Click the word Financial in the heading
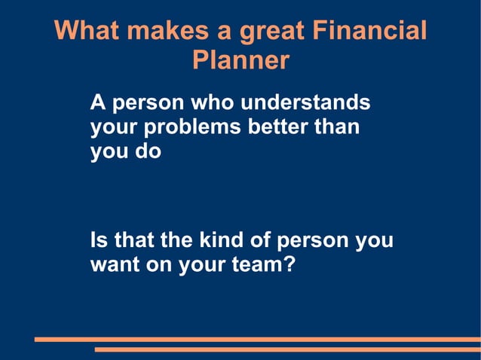pos(369,32)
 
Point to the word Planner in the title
pos(240,60)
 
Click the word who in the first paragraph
pos(215,102)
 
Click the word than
pos(337,126)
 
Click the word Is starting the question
pos(99,241)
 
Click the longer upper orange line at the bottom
pos(256,340)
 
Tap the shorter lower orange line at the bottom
pos(286,349)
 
